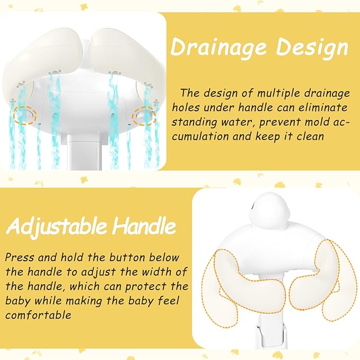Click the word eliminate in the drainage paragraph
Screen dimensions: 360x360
click(x=324, y=107)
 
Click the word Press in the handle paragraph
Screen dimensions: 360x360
click(x=19, y=258)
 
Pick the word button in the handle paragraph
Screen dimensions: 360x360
click(x=125, y=258)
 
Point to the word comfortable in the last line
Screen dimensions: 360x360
click(x=38, y=315)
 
